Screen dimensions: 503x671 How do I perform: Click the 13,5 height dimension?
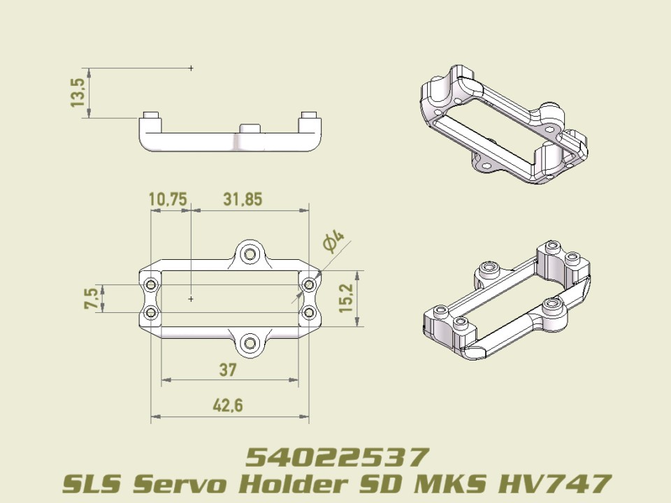[78, 92]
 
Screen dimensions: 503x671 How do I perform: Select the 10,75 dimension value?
[168, 200]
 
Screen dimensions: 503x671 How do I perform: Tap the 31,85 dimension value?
[243, 200]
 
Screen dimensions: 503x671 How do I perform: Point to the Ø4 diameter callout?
[333, 242]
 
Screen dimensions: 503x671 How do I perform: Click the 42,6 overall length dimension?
[228, 406]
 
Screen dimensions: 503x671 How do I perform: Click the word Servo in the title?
[188, 483]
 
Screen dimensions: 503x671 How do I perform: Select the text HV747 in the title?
[553, 483]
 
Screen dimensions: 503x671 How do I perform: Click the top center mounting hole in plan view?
[250, 254]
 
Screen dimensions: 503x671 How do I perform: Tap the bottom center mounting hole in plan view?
[250, 342]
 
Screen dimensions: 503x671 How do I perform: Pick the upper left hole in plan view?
[150, 285]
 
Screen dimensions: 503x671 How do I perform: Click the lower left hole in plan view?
[150, 312]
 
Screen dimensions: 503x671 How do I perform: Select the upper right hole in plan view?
[309, 285]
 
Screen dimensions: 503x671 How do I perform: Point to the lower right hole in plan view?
[309, 312]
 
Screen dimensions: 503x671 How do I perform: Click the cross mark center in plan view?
[191, 298]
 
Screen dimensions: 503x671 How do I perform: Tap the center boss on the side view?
[250, 129]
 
